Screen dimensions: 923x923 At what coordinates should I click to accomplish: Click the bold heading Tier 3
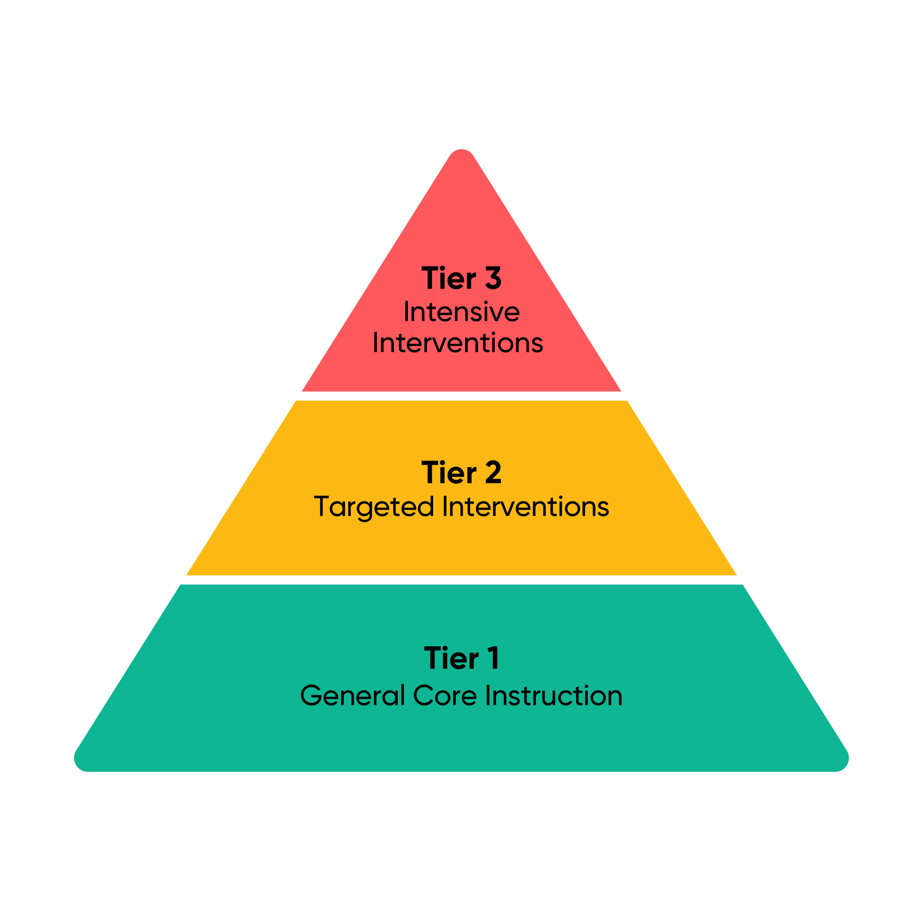coord(461,278)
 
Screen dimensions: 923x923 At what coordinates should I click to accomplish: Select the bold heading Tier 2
coord(461,473)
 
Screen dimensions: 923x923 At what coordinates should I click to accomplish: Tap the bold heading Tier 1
coord(461,658)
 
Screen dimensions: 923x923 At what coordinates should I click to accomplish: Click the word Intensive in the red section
coord(461,311)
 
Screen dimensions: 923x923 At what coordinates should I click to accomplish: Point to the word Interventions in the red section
coord(458,342)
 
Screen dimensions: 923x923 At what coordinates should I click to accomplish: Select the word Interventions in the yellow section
coord(526,506)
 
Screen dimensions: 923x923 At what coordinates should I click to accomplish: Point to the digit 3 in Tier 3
coord(493,278)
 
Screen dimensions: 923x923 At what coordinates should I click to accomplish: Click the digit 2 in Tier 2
coord(493,473)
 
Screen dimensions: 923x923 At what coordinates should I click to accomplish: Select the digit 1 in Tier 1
coord(494,658)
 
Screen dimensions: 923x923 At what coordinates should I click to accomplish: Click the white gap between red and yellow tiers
coord(461,396)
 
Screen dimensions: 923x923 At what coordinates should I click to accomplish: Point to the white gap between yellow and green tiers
coord(461,580)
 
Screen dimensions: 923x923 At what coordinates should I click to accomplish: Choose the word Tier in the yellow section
coord(449,473)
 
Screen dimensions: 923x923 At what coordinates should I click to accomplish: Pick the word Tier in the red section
coord(449,278)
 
